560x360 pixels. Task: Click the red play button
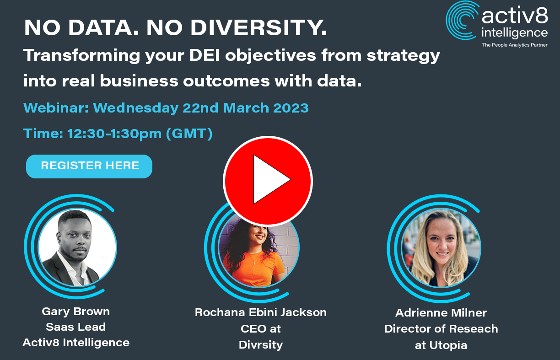coord(268,181)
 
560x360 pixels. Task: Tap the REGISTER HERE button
coord(89,166)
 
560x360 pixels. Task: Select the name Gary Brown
coord(76,312)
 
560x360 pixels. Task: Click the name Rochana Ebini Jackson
coord(261,312)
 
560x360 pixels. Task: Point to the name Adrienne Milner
coord(441,313)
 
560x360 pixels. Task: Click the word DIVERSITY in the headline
coord(258,27)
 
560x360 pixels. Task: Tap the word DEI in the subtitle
coord(204,55)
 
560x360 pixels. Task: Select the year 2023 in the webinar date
coord(291,108)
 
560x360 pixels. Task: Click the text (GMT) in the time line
coord(189,134)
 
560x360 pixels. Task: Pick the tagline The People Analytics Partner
coord(515,45)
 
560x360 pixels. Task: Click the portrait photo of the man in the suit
coord(77,247)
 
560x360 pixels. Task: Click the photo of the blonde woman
coord(441,247)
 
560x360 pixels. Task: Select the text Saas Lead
coord(76,327)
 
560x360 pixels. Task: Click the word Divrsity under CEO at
coord(261,345)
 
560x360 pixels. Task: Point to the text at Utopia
coord(441,345)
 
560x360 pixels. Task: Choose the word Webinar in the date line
coord(56,108)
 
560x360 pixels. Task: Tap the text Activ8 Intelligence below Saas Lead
coord(76,343)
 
